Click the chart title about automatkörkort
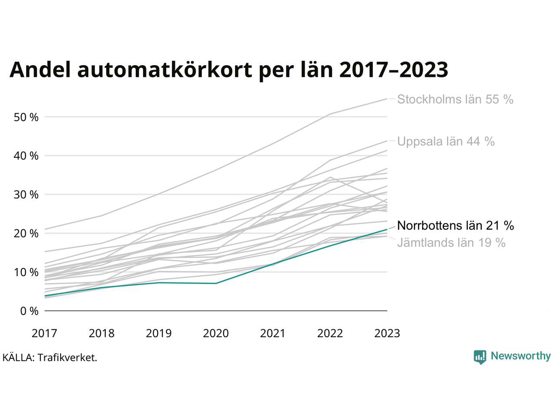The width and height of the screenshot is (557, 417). point(229,69)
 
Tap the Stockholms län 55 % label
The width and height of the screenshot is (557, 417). point(455,99)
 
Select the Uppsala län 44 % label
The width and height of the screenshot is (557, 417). point(446,142)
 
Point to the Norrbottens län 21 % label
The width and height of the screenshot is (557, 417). point(455,226)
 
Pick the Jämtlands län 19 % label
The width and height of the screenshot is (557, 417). point(451,243)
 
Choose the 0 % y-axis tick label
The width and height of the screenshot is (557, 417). point(29,311)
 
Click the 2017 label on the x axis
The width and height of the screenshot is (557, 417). point(44,334)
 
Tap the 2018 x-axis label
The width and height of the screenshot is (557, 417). point(101,334)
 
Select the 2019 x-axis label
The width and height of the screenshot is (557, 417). point(158,334)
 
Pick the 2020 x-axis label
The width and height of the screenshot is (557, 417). point(216,334)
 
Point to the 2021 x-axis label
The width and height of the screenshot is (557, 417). point(273,334)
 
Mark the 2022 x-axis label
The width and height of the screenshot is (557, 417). point(330,334)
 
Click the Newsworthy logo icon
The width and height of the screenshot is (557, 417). point(480,357)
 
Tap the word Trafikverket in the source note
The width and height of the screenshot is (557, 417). point(67,358)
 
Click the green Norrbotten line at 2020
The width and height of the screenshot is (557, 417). point(216,283)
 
